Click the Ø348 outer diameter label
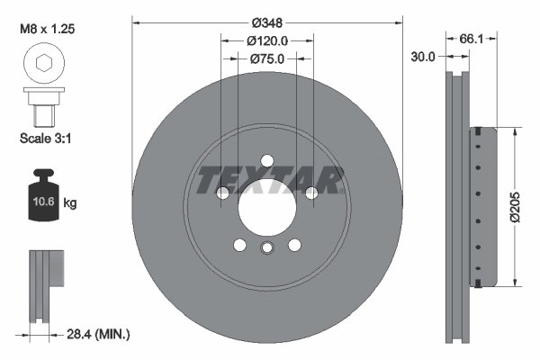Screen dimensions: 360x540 click(266, 21)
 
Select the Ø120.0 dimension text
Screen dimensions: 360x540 click(266, 40)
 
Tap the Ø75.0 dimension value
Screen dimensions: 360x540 click(266, 58)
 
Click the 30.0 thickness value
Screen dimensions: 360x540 click(422, 56)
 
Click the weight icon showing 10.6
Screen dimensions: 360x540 click(42, 200)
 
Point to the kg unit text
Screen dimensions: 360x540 click(70, 204)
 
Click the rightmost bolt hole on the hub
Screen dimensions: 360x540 click(310, 193)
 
